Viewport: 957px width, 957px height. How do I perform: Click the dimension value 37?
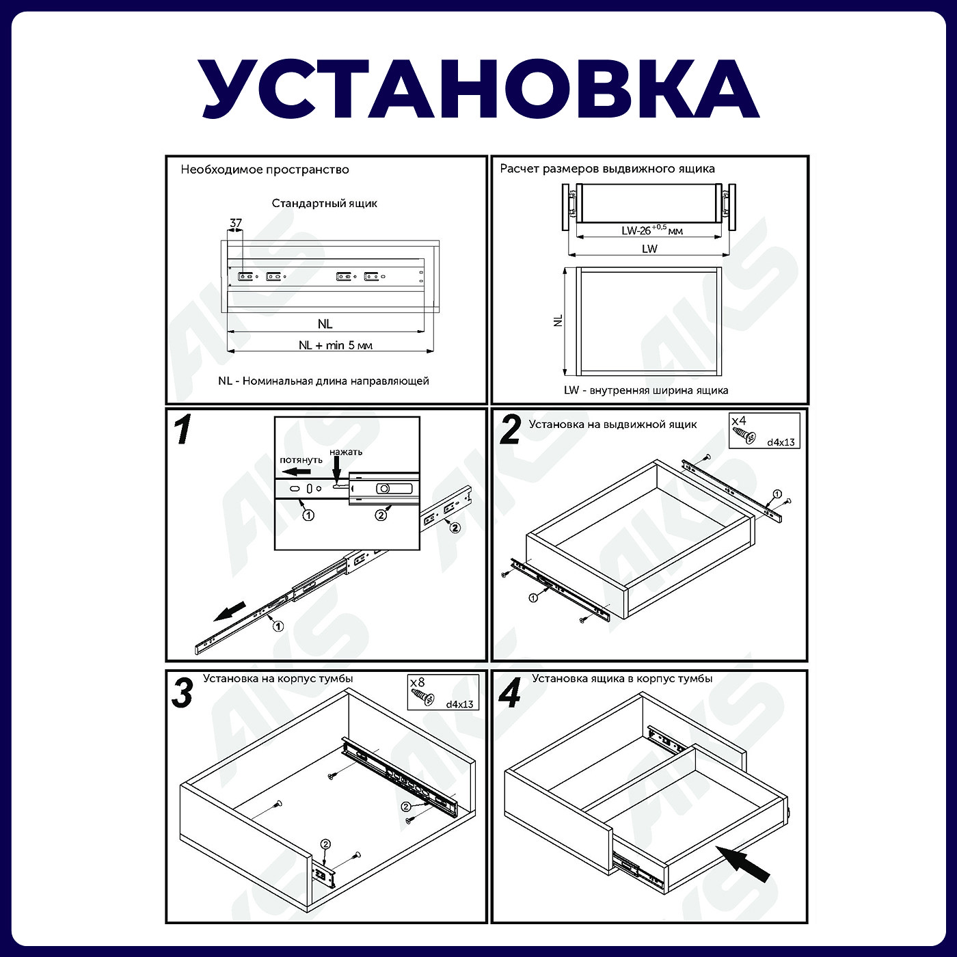click(236, 223)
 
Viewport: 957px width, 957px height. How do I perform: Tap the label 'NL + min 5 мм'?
click(335, 345)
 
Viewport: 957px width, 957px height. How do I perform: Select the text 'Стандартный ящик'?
click(324, 203)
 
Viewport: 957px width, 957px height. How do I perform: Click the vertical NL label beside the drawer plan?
click(558, 321)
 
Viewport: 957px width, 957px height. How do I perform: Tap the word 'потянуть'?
click(301, 460)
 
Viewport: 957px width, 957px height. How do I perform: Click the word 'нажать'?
click(346, 452)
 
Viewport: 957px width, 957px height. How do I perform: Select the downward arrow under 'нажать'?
click(336, 471)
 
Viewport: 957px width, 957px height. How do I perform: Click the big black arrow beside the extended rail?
click(230, 611)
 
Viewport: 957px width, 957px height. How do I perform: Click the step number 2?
click(510, 431)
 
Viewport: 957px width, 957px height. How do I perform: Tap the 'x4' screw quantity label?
click(739, 421)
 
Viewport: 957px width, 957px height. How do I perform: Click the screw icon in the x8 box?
click(422, 697)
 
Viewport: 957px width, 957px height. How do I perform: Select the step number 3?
click(182, 693)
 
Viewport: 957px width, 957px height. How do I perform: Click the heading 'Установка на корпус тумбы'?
click(278, 679)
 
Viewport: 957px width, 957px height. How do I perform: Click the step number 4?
click(510, 693)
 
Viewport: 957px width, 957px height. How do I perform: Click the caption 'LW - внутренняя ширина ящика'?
click(646, 390)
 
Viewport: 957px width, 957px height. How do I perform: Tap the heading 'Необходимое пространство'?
click(265, 170)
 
